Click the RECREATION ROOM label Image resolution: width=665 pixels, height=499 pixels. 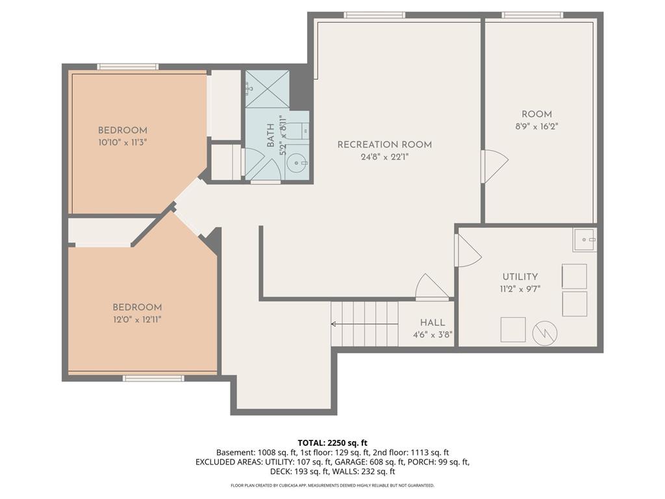[x=384, y=145]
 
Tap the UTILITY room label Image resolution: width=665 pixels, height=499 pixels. [x=520, y=277]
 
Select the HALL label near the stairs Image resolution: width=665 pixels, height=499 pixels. [x=433, y=322]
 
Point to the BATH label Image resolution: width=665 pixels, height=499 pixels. [x=271, y=136]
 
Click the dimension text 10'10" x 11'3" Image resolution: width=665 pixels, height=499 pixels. [x=123, y=142]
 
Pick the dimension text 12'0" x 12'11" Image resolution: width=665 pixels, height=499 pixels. [x=137, y=319]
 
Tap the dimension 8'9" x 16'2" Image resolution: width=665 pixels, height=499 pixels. [x=536, y=127]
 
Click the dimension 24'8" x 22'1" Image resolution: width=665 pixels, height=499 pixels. [x=384, y=157]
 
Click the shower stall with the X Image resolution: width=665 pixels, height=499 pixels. [x=267, y=89]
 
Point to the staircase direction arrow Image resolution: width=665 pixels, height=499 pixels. [x=364, y=324]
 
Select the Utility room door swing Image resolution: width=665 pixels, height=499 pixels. [x=468, y=250]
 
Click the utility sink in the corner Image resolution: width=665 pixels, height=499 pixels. [x=584, y=240]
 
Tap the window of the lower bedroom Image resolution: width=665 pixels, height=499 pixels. [x=153, y=378]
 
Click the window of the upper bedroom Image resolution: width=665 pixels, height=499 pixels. [x=128, y=67]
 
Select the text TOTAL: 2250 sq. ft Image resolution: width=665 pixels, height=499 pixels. [x=332, y=443]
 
